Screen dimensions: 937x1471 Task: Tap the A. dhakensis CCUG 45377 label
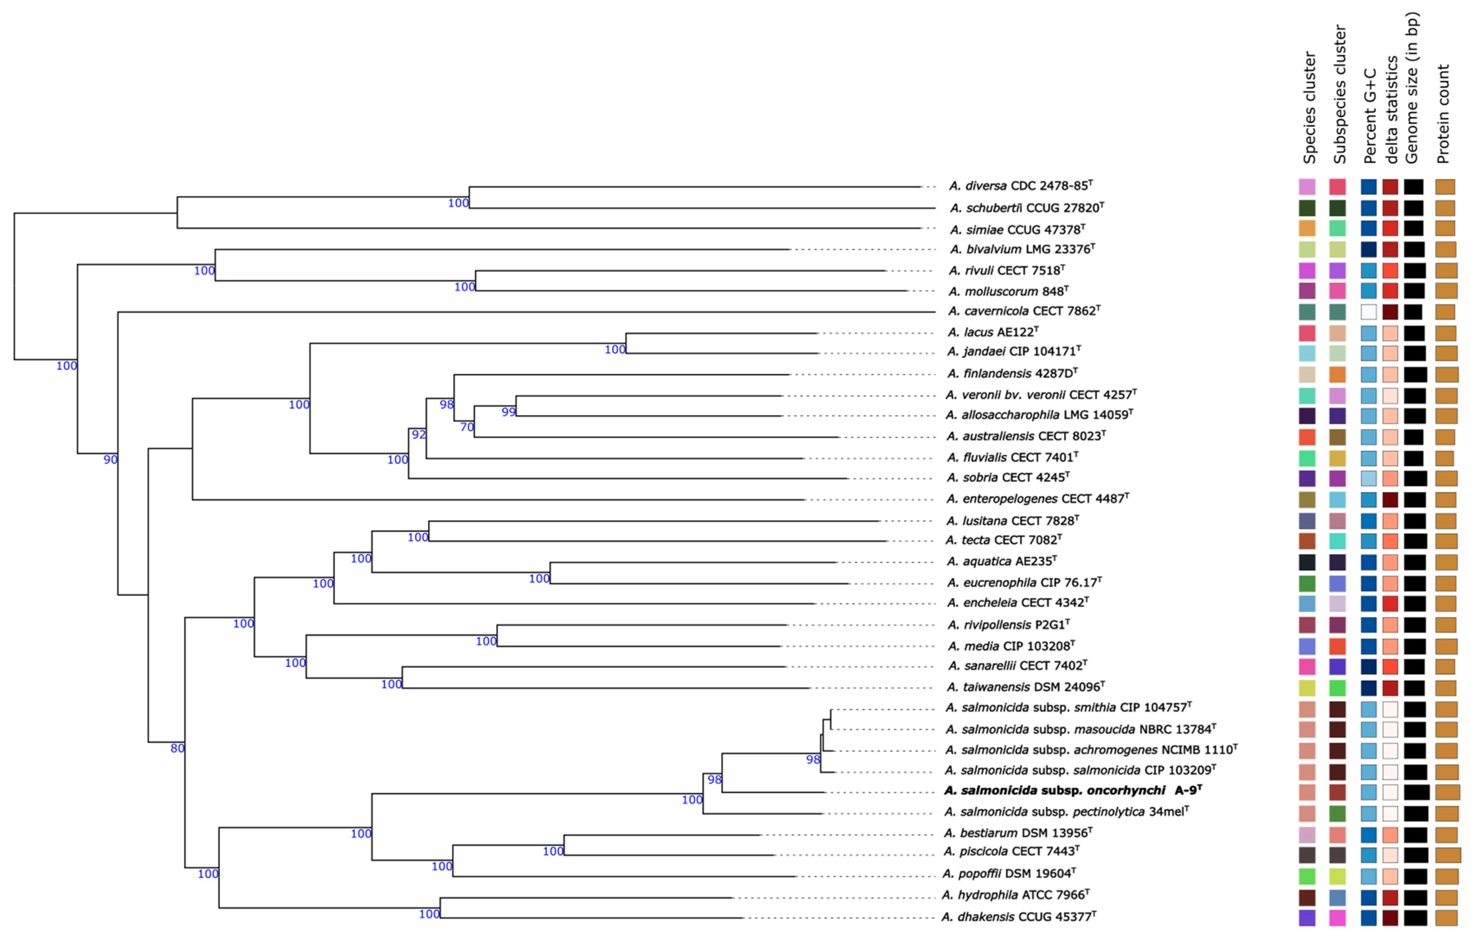1018,917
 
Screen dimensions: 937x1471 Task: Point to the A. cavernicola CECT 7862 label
1024,311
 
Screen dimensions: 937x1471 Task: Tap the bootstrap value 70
467,427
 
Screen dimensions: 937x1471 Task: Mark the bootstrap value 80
177,748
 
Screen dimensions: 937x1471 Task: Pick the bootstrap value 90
110,459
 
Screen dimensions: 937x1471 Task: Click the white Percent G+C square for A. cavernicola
1368,312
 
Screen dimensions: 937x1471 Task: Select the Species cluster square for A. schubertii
1307,208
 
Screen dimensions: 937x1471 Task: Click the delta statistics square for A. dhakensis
1390,917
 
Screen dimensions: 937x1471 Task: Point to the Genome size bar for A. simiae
1413,228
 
